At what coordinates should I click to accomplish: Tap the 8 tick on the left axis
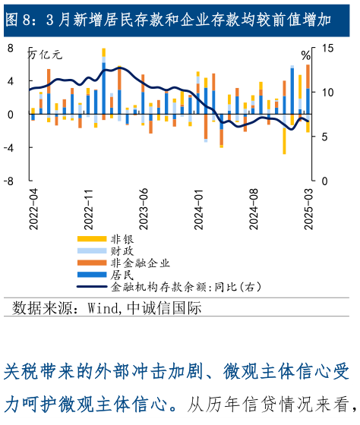(x=11, y=48)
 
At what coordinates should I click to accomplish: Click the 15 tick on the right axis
(x=327, y=48)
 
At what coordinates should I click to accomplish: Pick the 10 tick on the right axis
(x=327, y=93)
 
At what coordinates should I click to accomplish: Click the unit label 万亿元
(x=46, y=55)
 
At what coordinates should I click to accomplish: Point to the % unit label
(x=305, y=55)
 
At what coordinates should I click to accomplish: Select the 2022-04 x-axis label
(x=33, y=206)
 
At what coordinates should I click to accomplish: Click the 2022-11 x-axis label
(x=88, y=206)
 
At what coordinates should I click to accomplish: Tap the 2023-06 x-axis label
(x=144, y=206)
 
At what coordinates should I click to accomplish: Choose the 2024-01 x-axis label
(x=199, y=206)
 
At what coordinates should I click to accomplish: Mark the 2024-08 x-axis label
(x=254, y=206)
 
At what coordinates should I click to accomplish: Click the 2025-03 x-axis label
(x=309, y=206)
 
